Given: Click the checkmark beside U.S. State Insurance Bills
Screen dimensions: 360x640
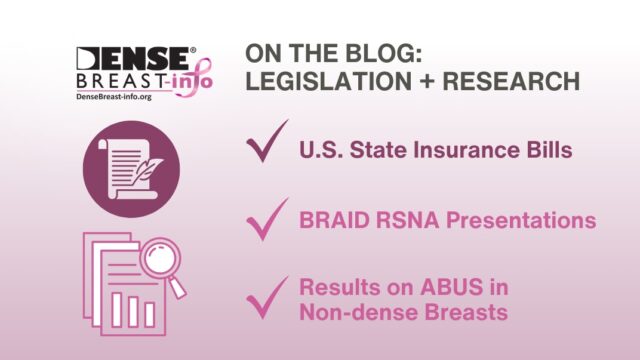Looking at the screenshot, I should [x=266, y=147].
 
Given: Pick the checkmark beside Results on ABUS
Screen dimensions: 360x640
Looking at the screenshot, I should [x=266, y=297].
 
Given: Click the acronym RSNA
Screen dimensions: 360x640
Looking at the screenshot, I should [x=397, y=221].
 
